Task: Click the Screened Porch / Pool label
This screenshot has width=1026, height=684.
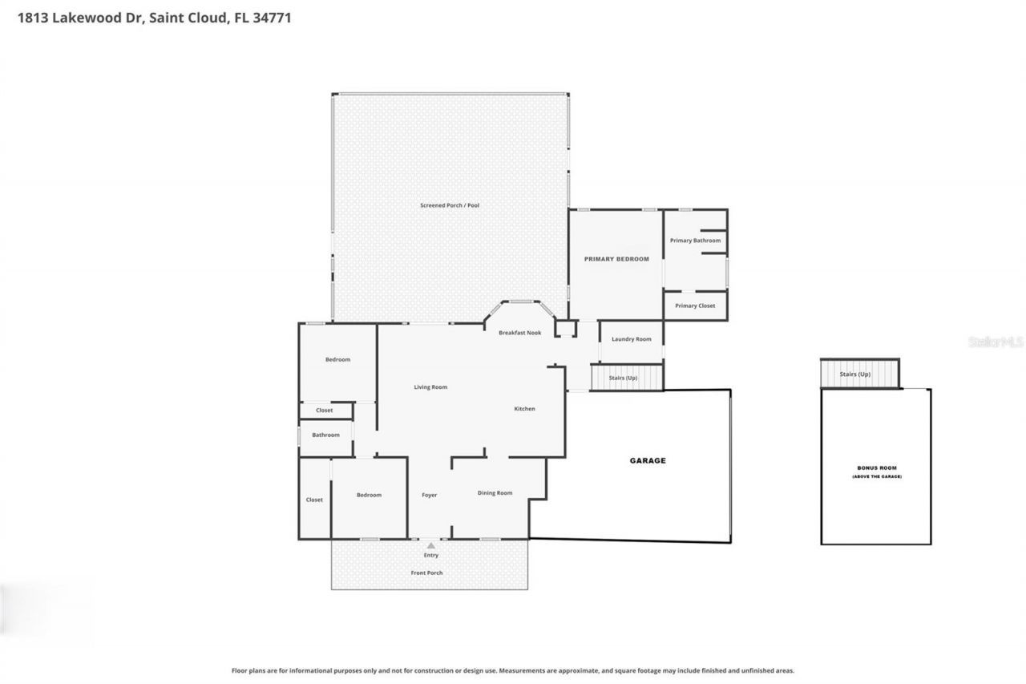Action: [x=450, y=205]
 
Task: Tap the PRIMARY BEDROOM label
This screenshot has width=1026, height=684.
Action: [x=616, y=259]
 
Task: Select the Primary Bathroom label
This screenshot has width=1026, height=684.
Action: [x=695, y=241]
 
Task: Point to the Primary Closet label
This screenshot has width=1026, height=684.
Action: [x=695, y=306]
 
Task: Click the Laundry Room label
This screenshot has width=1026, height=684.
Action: [x=632, y=339]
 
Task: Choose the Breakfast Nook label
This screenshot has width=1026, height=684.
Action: [x=519, y=333]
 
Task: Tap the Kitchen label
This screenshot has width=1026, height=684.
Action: [x=524, y=409]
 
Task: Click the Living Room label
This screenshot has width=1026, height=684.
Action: [x=430, y=387]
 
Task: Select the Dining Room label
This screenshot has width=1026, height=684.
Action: [x=495, y=493]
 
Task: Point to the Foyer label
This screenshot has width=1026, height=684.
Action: [x=430, y=496]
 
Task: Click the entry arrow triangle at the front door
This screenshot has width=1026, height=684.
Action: [x=430, y=545]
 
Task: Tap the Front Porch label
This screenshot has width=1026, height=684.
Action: [x=426, y=573]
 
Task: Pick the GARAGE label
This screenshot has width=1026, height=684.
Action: [x=648, y=461]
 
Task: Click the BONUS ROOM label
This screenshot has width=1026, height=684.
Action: [x=876, y=467]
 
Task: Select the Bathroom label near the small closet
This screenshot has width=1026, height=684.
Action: [x=325, y=435]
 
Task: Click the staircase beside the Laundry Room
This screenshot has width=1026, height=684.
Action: [x=627, y=377]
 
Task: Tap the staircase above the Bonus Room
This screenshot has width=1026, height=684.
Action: [x=859, y=374]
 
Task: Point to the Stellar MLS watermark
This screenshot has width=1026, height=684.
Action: [x=996, y=342]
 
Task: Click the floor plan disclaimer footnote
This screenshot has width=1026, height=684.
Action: [x=513, y=670]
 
